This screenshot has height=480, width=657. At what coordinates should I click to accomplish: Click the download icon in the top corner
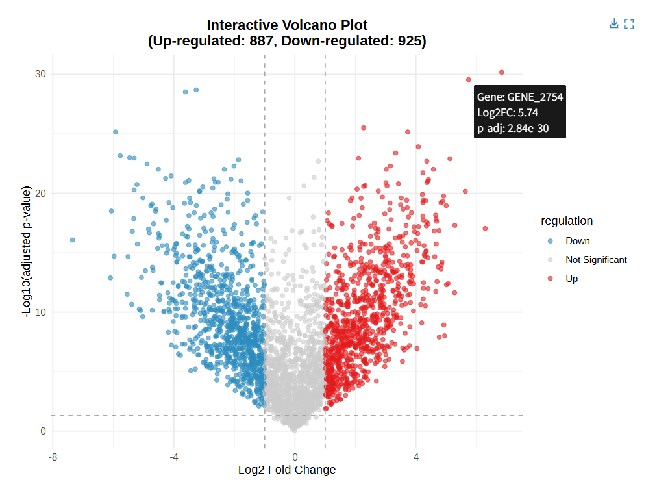tap(614, 24)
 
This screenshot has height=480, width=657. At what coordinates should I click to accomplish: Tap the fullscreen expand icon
tap(628, 24)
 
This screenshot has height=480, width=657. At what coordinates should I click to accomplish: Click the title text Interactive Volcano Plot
tap(287, 25)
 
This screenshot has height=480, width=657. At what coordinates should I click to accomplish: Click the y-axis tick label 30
tap(40, 74)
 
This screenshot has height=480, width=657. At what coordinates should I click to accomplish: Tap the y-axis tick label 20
tap(40, 193)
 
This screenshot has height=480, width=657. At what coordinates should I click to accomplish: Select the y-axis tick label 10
tap(40, 312)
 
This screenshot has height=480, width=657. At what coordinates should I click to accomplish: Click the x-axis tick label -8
tap(53, 457)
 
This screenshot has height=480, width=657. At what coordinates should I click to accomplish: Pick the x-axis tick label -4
tap(174, 457)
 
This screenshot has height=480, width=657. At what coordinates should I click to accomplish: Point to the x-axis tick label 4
tap(416, 457)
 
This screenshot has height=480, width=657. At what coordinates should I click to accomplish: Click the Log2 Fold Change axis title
tap(287, 470)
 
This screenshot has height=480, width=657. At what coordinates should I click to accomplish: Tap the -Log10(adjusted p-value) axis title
tap(27, 251)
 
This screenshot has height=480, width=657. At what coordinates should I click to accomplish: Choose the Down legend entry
tap(577, 241)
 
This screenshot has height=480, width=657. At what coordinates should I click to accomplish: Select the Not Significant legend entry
tap(596, 260)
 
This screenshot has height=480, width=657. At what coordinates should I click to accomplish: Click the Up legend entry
tap(571, 279)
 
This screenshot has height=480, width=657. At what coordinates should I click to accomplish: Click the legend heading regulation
tap(567, 221)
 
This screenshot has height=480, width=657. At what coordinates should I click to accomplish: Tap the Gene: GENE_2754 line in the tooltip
tap(520, 97)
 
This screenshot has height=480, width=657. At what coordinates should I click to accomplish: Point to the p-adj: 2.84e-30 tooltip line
tap(513, 129)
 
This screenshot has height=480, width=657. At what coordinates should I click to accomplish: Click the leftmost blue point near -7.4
tap(72, 240)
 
